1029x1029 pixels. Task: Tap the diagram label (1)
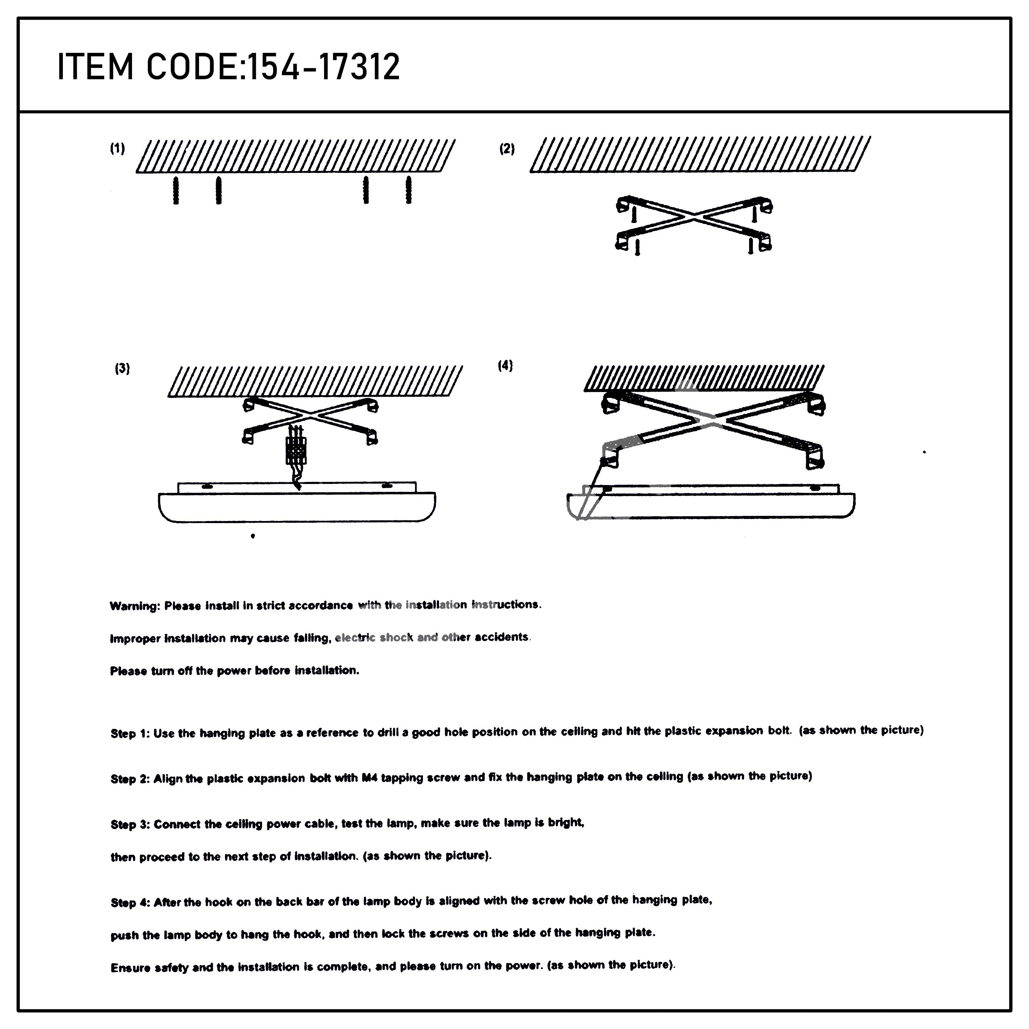coord(118,149)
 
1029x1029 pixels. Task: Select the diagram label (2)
coord(507,149)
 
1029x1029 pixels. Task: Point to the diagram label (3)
coord(122,369)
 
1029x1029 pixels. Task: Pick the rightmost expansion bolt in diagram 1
coord(409,190)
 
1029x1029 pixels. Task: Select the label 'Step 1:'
coord(130,733)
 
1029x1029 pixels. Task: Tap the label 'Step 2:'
coord(130,779)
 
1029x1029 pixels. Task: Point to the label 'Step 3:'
coord(130,825)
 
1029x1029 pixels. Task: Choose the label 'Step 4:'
coord(130,903)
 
